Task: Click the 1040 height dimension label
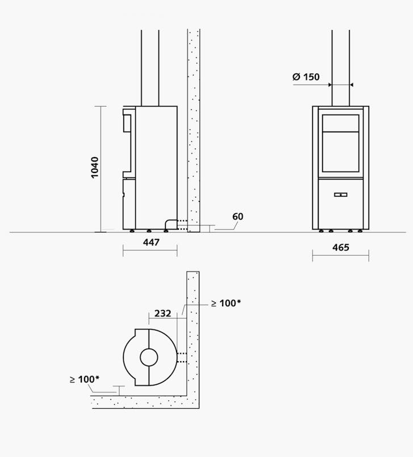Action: (x=95, y=167)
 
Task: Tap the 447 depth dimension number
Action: (x=151, y=242)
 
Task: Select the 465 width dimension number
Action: (x=340, y=247)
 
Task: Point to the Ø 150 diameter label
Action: (x=306, y=77)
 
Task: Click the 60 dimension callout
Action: (x=238, y=217)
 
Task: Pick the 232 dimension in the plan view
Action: (x=162, y=314)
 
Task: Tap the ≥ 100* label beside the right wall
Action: (x=226, y=303)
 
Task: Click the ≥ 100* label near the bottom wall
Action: (x=85, y=379)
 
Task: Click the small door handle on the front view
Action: (x=340, y=194)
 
